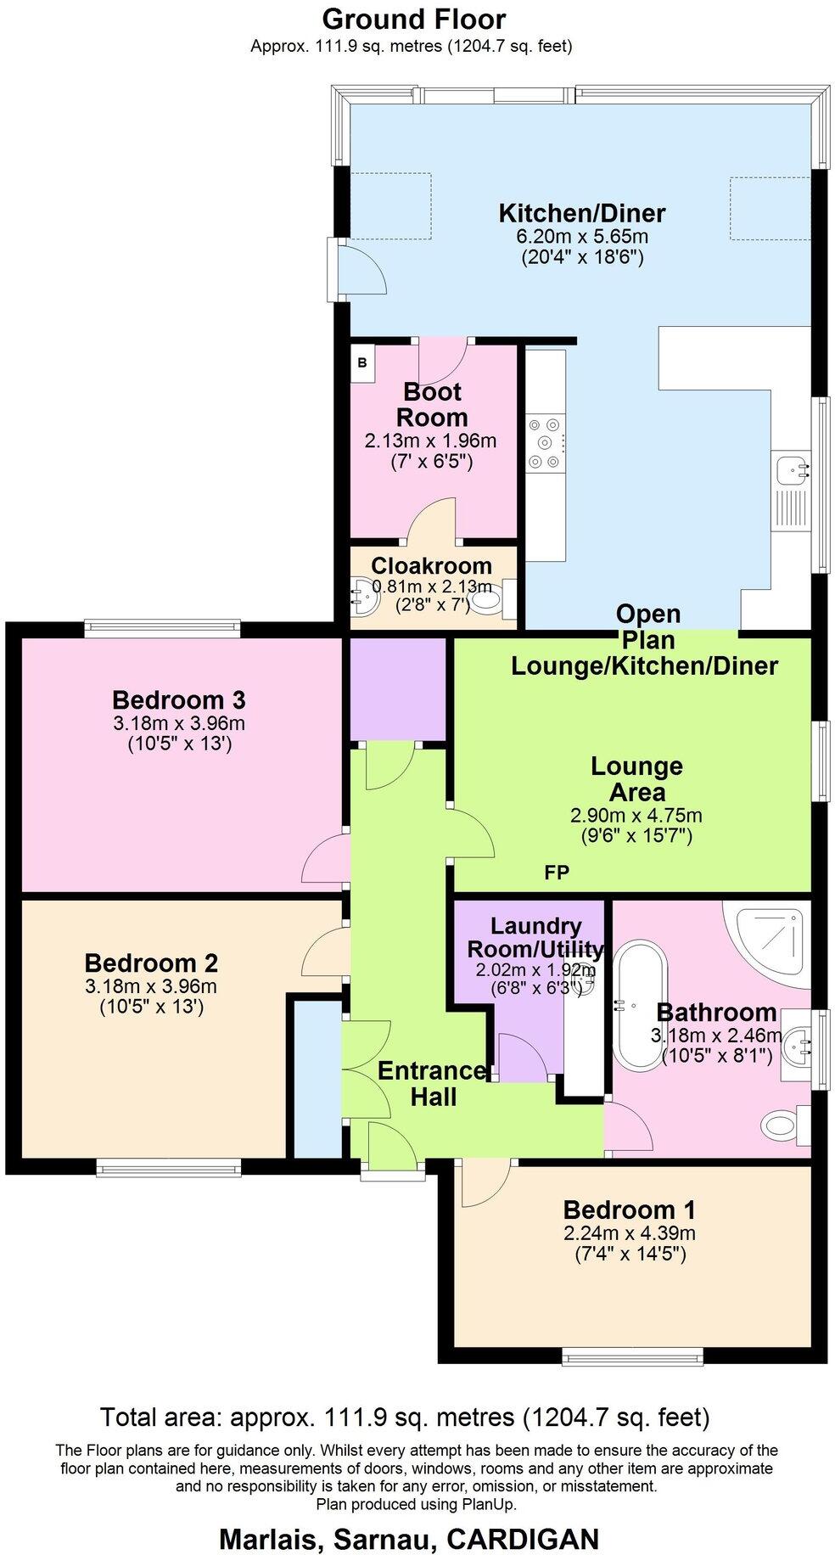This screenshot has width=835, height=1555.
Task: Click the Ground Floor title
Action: tap(413, 19)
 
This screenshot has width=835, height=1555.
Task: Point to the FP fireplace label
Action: tap(557, 873)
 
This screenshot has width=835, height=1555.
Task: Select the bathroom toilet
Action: tap(781, 1126)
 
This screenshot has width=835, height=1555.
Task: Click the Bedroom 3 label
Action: tap(178, 700)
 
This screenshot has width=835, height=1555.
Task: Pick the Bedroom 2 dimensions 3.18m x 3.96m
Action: tap(151, 986)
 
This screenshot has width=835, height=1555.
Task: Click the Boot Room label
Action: tap(432, 405)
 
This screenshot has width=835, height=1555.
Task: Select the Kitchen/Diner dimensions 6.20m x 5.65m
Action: tap(581, 237)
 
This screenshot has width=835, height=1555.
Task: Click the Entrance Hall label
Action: tap(433, 1084)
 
